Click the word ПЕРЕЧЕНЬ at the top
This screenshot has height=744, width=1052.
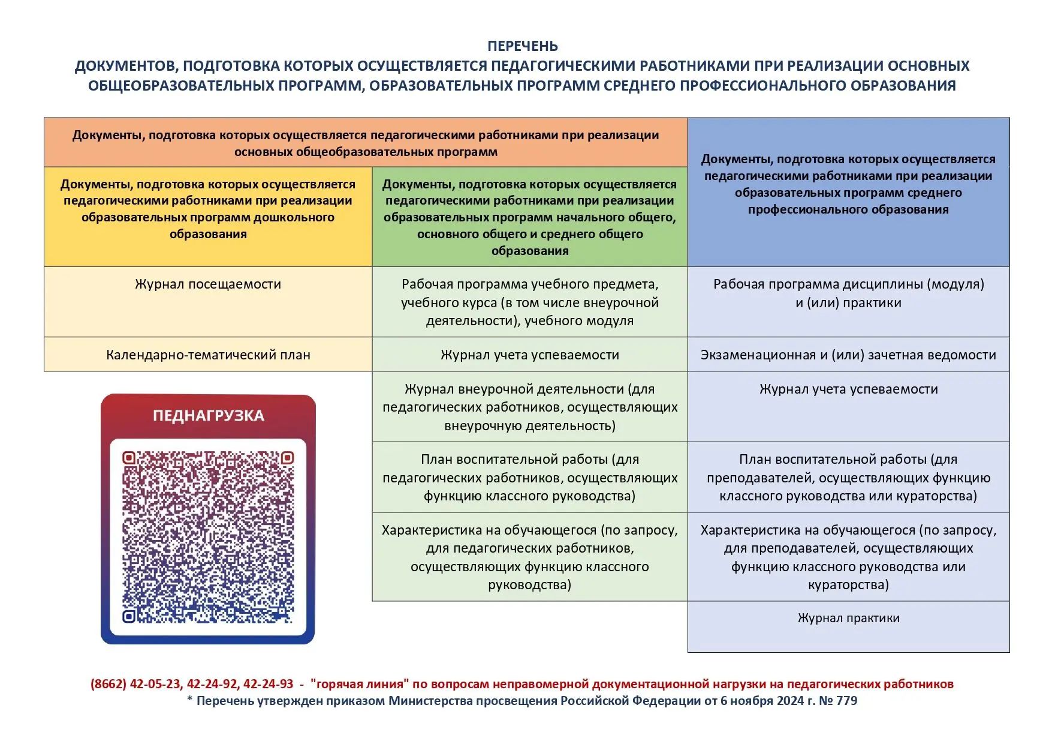click(522, 46)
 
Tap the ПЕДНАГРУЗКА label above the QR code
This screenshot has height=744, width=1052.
click(208, 416)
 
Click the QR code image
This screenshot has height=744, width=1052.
click(208, 537)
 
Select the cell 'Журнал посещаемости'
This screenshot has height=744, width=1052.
click(208, 284)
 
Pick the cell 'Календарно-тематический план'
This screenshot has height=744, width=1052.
click(208, 355)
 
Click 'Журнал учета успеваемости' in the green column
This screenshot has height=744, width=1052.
click(529, 355)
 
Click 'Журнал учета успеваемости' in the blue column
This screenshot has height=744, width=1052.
click(848, 389)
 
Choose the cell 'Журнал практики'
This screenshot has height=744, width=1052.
click(848, 619)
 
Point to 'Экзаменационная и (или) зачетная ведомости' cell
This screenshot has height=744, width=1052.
click(848, 355)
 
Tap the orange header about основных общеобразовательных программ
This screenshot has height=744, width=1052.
click(366, 143)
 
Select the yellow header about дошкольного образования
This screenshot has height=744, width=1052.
click(208, 209)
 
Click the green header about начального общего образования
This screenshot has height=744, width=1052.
click(529, 217)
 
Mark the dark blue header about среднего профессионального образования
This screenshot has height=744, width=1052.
click(848, 184)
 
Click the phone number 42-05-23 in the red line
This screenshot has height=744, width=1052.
click(155, 684)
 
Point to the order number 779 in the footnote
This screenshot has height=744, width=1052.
click(846, 701)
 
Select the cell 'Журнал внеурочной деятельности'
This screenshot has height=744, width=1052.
click(529, 407)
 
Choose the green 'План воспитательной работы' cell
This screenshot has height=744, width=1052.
click(529, 478)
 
